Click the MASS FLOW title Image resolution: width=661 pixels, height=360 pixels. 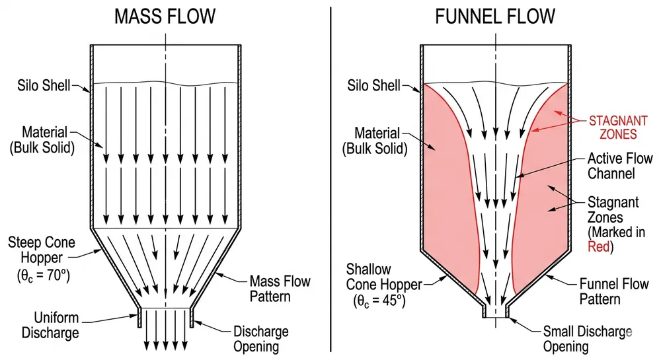[165, 17]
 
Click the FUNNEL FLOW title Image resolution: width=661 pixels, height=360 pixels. [496, 17]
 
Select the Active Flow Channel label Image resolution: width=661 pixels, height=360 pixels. [620, 166]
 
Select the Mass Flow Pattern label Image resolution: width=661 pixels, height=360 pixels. [280, 288]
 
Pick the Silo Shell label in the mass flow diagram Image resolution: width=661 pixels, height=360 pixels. [46, 86]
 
